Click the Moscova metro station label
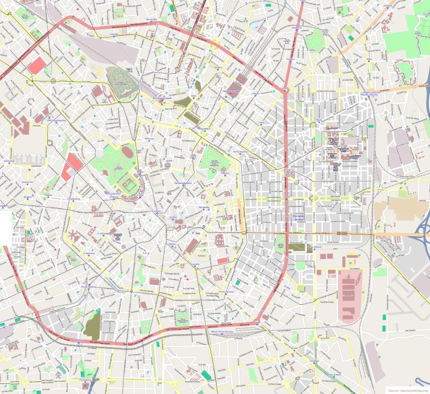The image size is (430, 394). (149, 139)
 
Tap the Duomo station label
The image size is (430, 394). (173, 217)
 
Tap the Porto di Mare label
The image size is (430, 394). (334, 374)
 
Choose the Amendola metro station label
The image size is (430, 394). (9, 161)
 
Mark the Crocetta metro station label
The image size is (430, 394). (196, 264)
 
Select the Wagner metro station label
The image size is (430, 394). (28, 197)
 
